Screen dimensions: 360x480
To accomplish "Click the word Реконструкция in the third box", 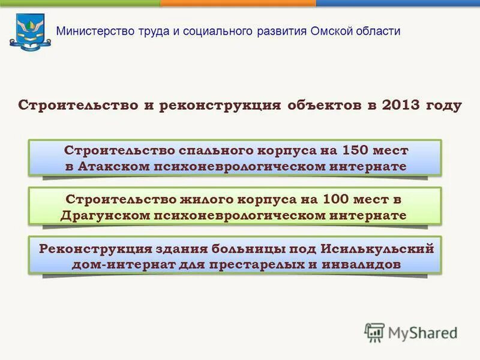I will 92,248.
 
